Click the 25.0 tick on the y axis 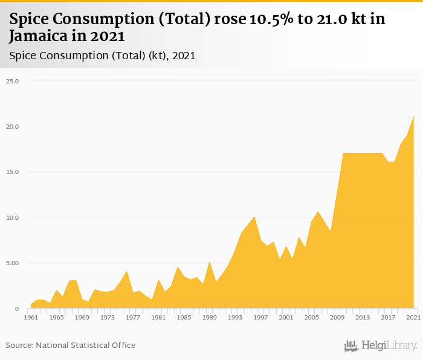point(12,81)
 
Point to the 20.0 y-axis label point(12,126)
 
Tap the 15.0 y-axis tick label point(12,172)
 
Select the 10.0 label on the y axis point(12,217)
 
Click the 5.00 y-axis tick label point(12,263)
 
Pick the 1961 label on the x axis point(31,317)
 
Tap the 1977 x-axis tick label point(133,317)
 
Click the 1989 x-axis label point(210,317)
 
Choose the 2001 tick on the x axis point(286,317)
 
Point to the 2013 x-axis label point(363,317)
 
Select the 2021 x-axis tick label point(413,317)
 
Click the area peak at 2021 point(413,117)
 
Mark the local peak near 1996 point(254,217)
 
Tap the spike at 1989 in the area point(210,262)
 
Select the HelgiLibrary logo point(380,346)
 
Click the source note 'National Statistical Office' point(85,346)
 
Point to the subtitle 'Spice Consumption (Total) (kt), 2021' point(102,56)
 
